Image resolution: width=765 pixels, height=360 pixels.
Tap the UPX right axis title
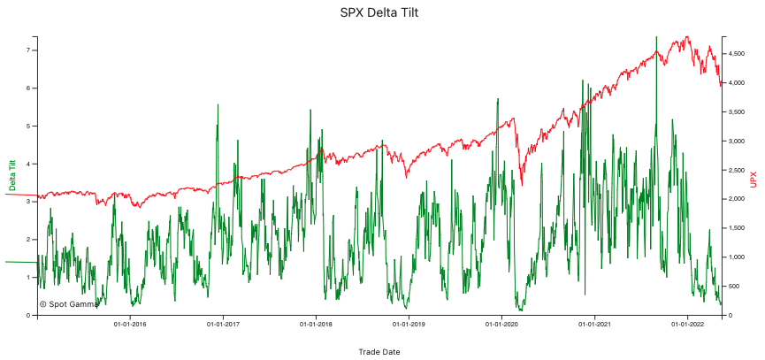pyautogui.click(x=754, y=179)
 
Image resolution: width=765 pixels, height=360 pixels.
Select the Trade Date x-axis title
pyautogui.click(x=379, y=352)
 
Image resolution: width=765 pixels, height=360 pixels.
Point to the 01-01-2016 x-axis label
pyautogui.click(x=130, y=325)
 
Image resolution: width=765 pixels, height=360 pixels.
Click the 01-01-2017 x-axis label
pyautogui.click(x=223, y=325)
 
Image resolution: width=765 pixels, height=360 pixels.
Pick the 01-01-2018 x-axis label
pyautogui.click(x=316, y=325)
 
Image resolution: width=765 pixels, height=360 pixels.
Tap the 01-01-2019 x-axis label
pyautogui.click(x=409, y=325)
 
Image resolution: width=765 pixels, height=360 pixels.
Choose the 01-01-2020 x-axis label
pyautogui.click(x=501, y=325)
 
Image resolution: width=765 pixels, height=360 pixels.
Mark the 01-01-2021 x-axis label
pyautogui.click(x=594, y=325)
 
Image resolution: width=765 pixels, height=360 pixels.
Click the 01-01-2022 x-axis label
pyautogui.click(x=687, y=325)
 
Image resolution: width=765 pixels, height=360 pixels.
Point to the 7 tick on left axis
pyautogui.click(x=30, y=50)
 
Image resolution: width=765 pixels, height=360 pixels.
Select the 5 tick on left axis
pyautogui.click(x=30, y=126)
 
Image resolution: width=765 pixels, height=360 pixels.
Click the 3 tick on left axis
pyautogui.click(x=30, y=202)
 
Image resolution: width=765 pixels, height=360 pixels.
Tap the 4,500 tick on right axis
pyautogui.click(x=736, y=54)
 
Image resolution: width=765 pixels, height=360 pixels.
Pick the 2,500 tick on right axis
pyautogui.click(x=736, y=170)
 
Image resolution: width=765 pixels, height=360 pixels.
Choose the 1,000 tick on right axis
pyautogui.click(x=736, y=257)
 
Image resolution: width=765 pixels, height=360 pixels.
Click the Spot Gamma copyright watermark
pyautogui.click(x=69, y=303)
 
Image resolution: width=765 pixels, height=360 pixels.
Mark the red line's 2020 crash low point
pyautogui.click(x=521, y=185)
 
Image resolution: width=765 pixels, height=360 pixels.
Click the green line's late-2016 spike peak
pyautogui.click(x=218, y=105)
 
